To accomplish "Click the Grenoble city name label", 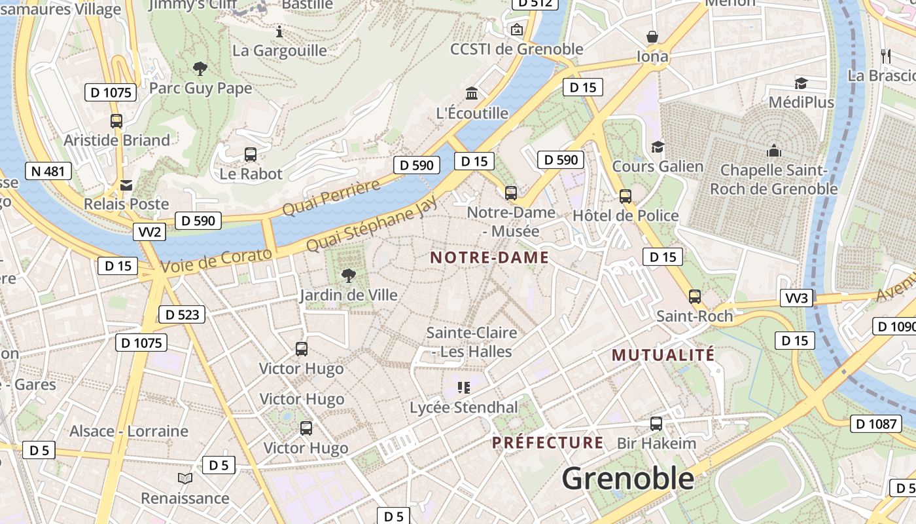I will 627,478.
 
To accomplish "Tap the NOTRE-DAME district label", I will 489,257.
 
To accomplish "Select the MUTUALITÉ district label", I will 663,355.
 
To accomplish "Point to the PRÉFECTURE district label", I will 548,443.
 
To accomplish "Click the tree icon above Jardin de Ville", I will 349,275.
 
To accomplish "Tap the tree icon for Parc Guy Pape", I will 200,67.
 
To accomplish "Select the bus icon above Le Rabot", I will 251,155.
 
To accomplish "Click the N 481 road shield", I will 48,172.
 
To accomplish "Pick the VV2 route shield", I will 149,232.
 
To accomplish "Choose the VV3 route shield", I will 796,299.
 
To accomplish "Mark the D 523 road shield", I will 182,314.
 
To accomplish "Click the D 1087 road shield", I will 876,424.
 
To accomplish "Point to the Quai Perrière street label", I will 331,197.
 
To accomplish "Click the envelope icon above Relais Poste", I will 126,185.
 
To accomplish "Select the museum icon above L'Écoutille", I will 472,94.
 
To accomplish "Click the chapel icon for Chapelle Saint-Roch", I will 774,151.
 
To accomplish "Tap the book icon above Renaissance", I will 185,479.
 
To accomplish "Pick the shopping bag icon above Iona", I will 652,36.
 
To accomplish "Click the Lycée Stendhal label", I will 463,407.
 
